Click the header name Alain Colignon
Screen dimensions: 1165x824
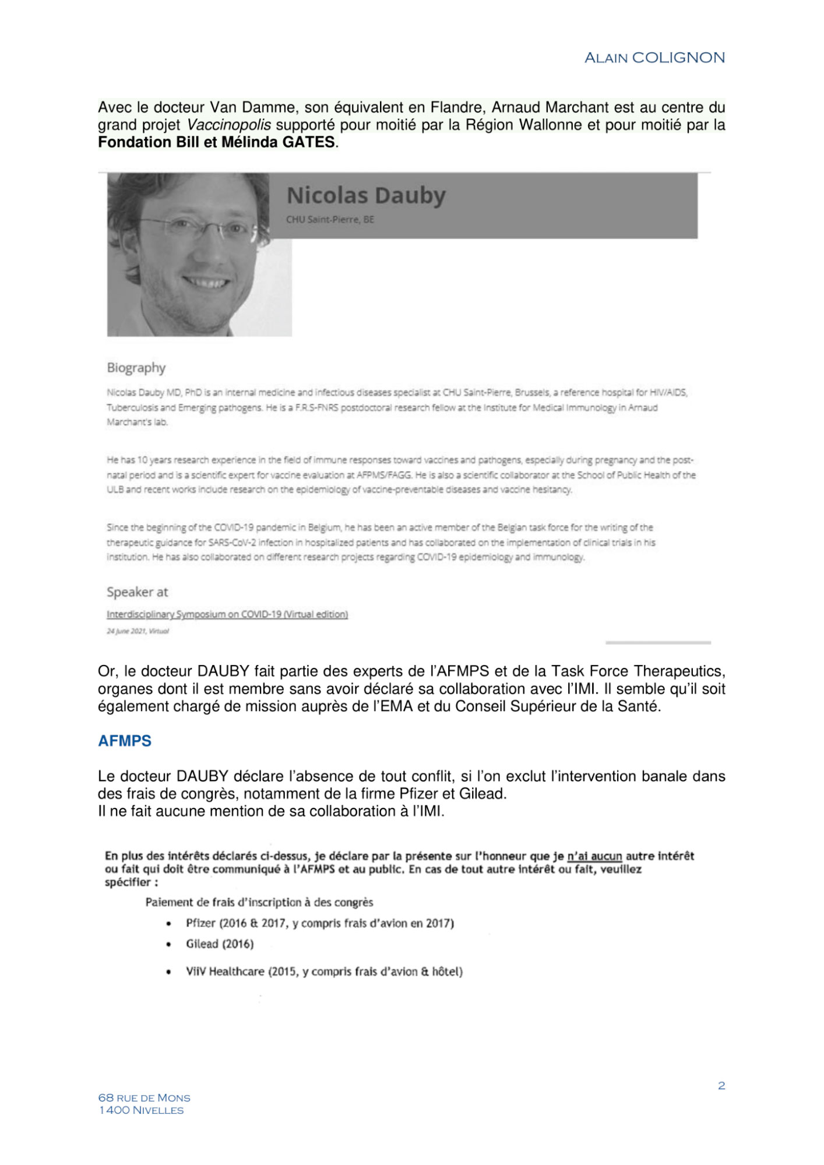click(x=654, y=58)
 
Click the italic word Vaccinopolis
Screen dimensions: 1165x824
click(x=228, y=125)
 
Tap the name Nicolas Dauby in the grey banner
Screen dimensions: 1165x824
click(x=366, y=195)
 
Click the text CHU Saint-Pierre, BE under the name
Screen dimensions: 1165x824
click(x=330, y=220)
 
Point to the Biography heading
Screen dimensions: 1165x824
click(x=136, y=368)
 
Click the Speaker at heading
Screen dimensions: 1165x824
click(x=137, y=592)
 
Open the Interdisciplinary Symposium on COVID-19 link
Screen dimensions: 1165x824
click(x=227, y=614)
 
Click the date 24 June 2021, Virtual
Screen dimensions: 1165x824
click(x=138, y=631)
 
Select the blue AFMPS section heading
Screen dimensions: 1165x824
click(x=125, y=741)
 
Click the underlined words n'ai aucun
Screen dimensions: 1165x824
click(x=594, y=856)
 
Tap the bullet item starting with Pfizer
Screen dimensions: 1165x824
click(x=319, y=923)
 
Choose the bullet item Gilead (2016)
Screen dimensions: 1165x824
click(x=220, y=944)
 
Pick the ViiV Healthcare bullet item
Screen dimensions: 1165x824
click(x=324, y=972)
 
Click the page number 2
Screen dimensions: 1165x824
click(x=721, y=1086)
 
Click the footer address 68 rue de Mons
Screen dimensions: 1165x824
click(x=144, y=1098)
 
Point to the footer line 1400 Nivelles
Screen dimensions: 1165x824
click(x=141, y=1110)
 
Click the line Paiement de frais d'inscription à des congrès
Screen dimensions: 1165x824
click(x=259, y=902)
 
